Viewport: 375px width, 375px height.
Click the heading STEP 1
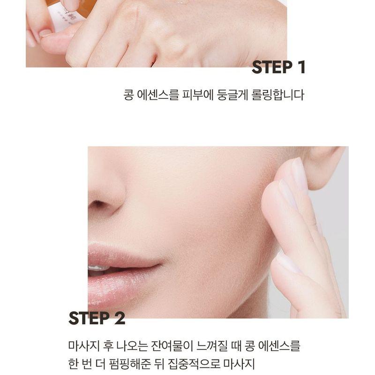click(x=278, y=67)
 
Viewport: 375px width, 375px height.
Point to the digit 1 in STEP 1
click(x=300, y=67)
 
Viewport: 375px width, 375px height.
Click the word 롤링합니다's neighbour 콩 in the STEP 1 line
click(x=128, y=95)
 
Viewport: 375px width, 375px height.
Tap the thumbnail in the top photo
click(x=45, y=33)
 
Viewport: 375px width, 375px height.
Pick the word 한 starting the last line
click(x=74, y=363)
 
